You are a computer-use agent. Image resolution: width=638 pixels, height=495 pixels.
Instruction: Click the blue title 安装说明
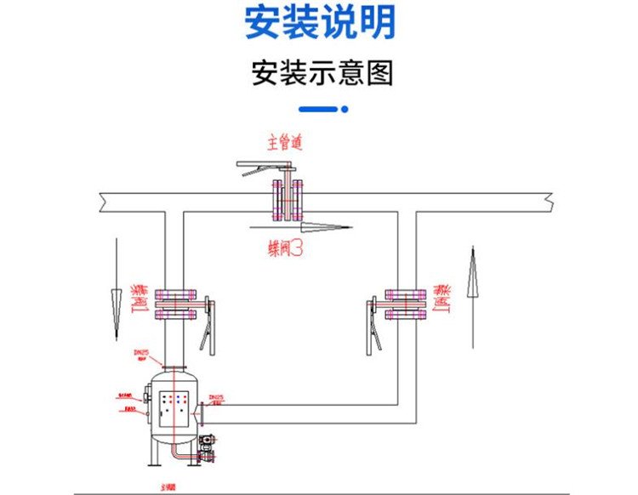coord(320,23)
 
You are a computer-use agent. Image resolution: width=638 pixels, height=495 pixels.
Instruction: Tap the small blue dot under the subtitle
coord(345,109)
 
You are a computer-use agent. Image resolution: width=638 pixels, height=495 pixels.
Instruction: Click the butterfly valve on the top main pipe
coord(287,201)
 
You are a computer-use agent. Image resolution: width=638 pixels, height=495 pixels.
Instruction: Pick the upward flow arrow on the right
coord(472,293)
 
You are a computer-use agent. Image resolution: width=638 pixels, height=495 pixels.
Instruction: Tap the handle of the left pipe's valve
coord(208,324)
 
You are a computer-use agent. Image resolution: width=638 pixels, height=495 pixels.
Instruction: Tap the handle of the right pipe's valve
coord(373,324)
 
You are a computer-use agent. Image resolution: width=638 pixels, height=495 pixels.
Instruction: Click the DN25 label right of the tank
coord(216,397)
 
